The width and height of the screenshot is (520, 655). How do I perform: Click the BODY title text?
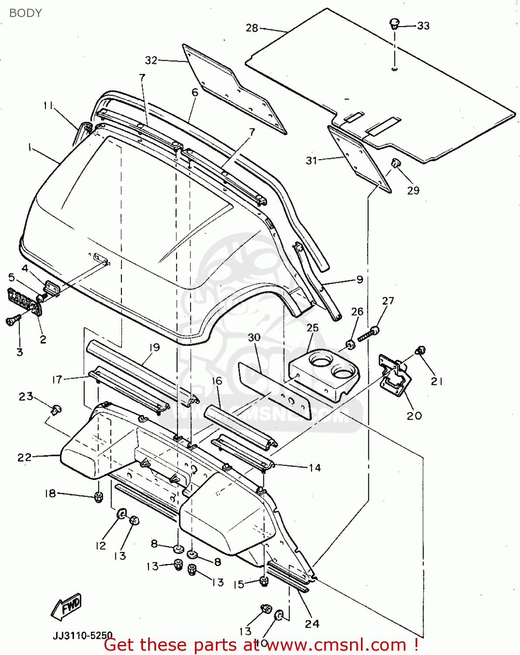25,13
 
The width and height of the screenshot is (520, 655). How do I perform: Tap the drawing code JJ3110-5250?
83,635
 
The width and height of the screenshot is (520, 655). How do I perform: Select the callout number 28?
252,28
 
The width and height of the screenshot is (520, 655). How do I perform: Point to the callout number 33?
423,26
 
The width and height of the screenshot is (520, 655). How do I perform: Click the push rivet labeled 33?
395,23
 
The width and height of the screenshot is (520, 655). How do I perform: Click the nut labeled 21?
421,350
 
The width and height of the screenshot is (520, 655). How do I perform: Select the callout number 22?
24,457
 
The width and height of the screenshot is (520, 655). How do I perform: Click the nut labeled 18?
99,496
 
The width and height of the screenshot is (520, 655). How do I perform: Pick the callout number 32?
151,60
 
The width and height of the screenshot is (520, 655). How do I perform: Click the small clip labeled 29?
395,164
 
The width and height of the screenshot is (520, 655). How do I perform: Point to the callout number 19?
154,347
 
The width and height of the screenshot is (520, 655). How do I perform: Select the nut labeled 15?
263,581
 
